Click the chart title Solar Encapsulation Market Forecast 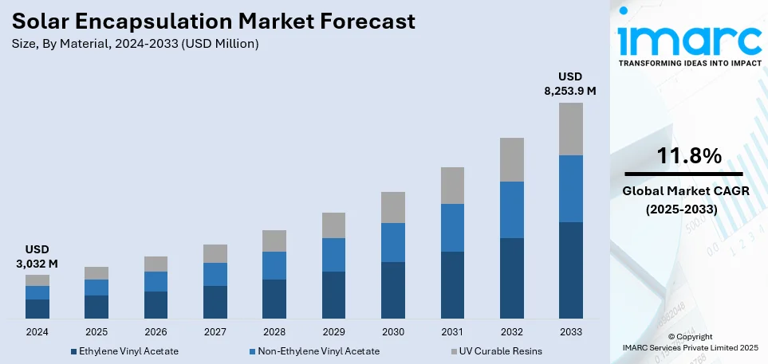pos(213,22)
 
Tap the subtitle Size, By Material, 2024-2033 pos(135,44)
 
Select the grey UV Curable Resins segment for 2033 pos(570,129)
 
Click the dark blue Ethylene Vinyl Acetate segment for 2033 pos(570,270)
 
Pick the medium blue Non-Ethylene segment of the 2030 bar pos(392,242)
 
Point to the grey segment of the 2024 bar pos(37,280)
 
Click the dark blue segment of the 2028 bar pos(274,299)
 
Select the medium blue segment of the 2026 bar pos(156,281)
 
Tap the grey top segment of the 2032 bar pos(511,159)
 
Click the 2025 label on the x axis pos(96,331)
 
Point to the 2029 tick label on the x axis pos(333,331)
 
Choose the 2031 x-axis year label pos(452,331)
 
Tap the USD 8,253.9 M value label pos(570,84)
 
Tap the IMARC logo pos(689,38)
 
